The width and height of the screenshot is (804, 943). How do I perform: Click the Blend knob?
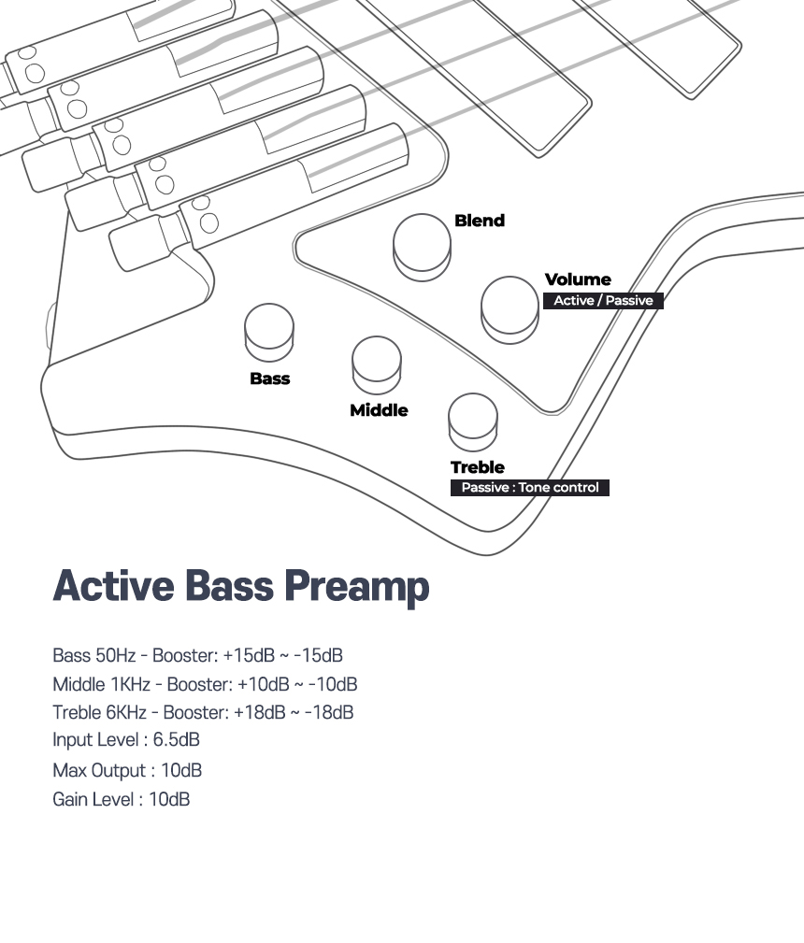click(422, 247)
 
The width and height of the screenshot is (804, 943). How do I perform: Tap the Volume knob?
click(510, 309)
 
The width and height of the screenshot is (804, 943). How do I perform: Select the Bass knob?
click(269, 333)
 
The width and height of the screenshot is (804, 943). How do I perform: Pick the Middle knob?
click(377, 365)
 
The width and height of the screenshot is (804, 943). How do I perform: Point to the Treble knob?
click(473, 422)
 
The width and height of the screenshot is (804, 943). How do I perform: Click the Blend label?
click(480, 221)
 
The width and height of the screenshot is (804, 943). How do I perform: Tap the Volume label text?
click(578, 279)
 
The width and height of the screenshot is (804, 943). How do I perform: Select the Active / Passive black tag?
click(603, 301)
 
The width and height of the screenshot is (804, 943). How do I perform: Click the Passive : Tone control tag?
click(530, 488)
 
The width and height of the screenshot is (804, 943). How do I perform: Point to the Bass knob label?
click(270, 379)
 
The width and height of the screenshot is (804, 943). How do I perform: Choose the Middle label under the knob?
click(380, 411)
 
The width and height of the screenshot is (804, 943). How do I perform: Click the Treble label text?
click(478, 467)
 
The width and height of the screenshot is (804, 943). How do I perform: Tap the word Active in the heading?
click(114, 585)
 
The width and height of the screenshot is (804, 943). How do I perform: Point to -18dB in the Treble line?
click(329, 713)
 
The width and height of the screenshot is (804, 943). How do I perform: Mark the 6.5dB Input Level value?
click(177, 739)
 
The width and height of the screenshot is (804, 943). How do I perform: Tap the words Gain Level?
click(93, 800)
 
